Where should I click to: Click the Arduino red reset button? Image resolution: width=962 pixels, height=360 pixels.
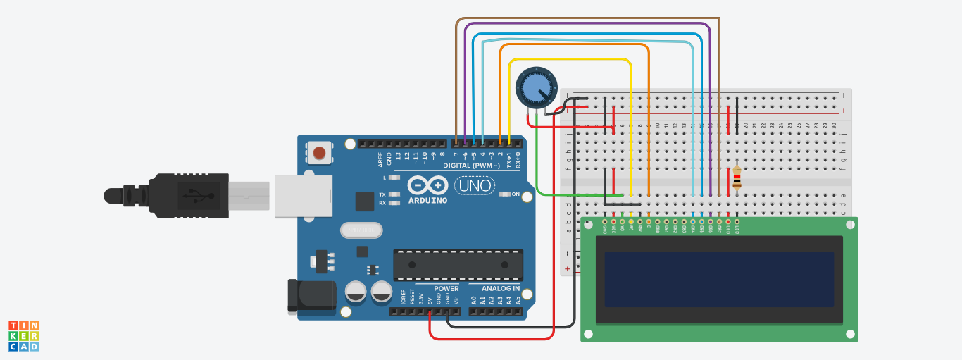coord(319,152)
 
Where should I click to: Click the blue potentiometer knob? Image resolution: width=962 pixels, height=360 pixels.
coord(536,88)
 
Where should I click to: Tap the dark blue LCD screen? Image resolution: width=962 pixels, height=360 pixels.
coord(719,279)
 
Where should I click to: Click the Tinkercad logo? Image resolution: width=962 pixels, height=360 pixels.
coord(23,335)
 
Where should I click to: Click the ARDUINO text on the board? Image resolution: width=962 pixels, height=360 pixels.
coord(427,200)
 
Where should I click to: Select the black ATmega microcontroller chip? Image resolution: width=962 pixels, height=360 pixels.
coord(458,264)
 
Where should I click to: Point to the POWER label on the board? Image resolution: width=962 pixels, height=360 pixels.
coord(446,288)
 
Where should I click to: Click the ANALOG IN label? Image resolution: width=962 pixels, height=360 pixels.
coord(501,288)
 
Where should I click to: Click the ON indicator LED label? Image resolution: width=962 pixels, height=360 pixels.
coord(515,194)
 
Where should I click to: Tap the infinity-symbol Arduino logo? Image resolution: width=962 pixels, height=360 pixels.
coord(427,185)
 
